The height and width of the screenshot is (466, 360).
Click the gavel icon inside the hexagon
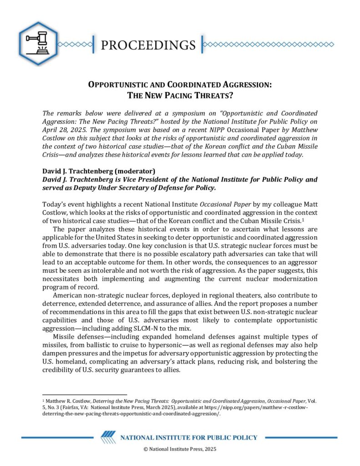click(38, 43)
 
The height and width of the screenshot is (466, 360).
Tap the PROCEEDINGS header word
click(147, 45)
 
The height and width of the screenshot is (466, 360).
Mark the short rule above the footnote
click(84, 395)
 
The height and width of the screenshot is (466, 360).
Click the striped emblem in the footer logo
click(108, 437)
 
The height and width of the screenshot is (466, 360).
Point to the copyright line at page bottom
click(180, 449)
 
